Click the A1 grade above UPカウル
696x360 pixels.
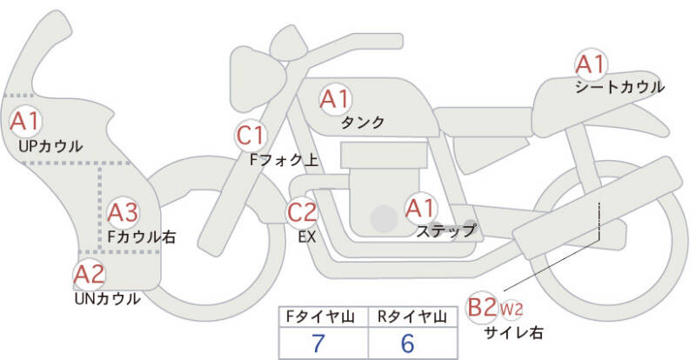coord(26,121)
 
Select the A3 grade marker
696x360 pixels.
coord(123,213)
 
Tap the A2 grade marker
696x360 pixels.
coord(90,274)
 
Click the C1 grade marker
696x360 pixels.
coord(250,136)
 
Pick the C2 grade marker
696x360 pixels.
coord(302,211)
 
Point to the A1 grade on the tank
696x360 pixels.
coord(336,98)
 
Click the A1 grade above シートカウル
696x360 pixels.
coord(591,64)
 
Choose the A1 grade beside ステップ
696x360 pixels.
coord(421,208)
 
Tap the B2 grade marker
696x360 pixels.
coord(482,307)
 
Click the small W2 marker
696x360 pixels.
coord(511,309)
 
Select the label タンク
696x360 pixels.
coord(362,122)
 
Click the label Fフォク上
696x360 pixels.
coord(284,160)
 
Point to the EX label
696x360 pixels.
coord(307,237)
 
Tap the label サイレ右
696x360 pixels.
coord(513,332)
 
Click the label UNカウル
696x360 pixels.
coord(107,299)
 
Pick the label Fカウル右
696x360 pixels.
coord(142,237)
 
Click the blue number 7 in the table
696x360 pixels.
coord(318,343)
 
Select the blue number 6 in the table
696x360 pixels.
coord(407,343)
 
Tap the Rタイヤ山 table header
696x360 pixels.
coord(412,317)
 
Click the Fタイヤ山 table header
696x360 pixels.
coord(320,317)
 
